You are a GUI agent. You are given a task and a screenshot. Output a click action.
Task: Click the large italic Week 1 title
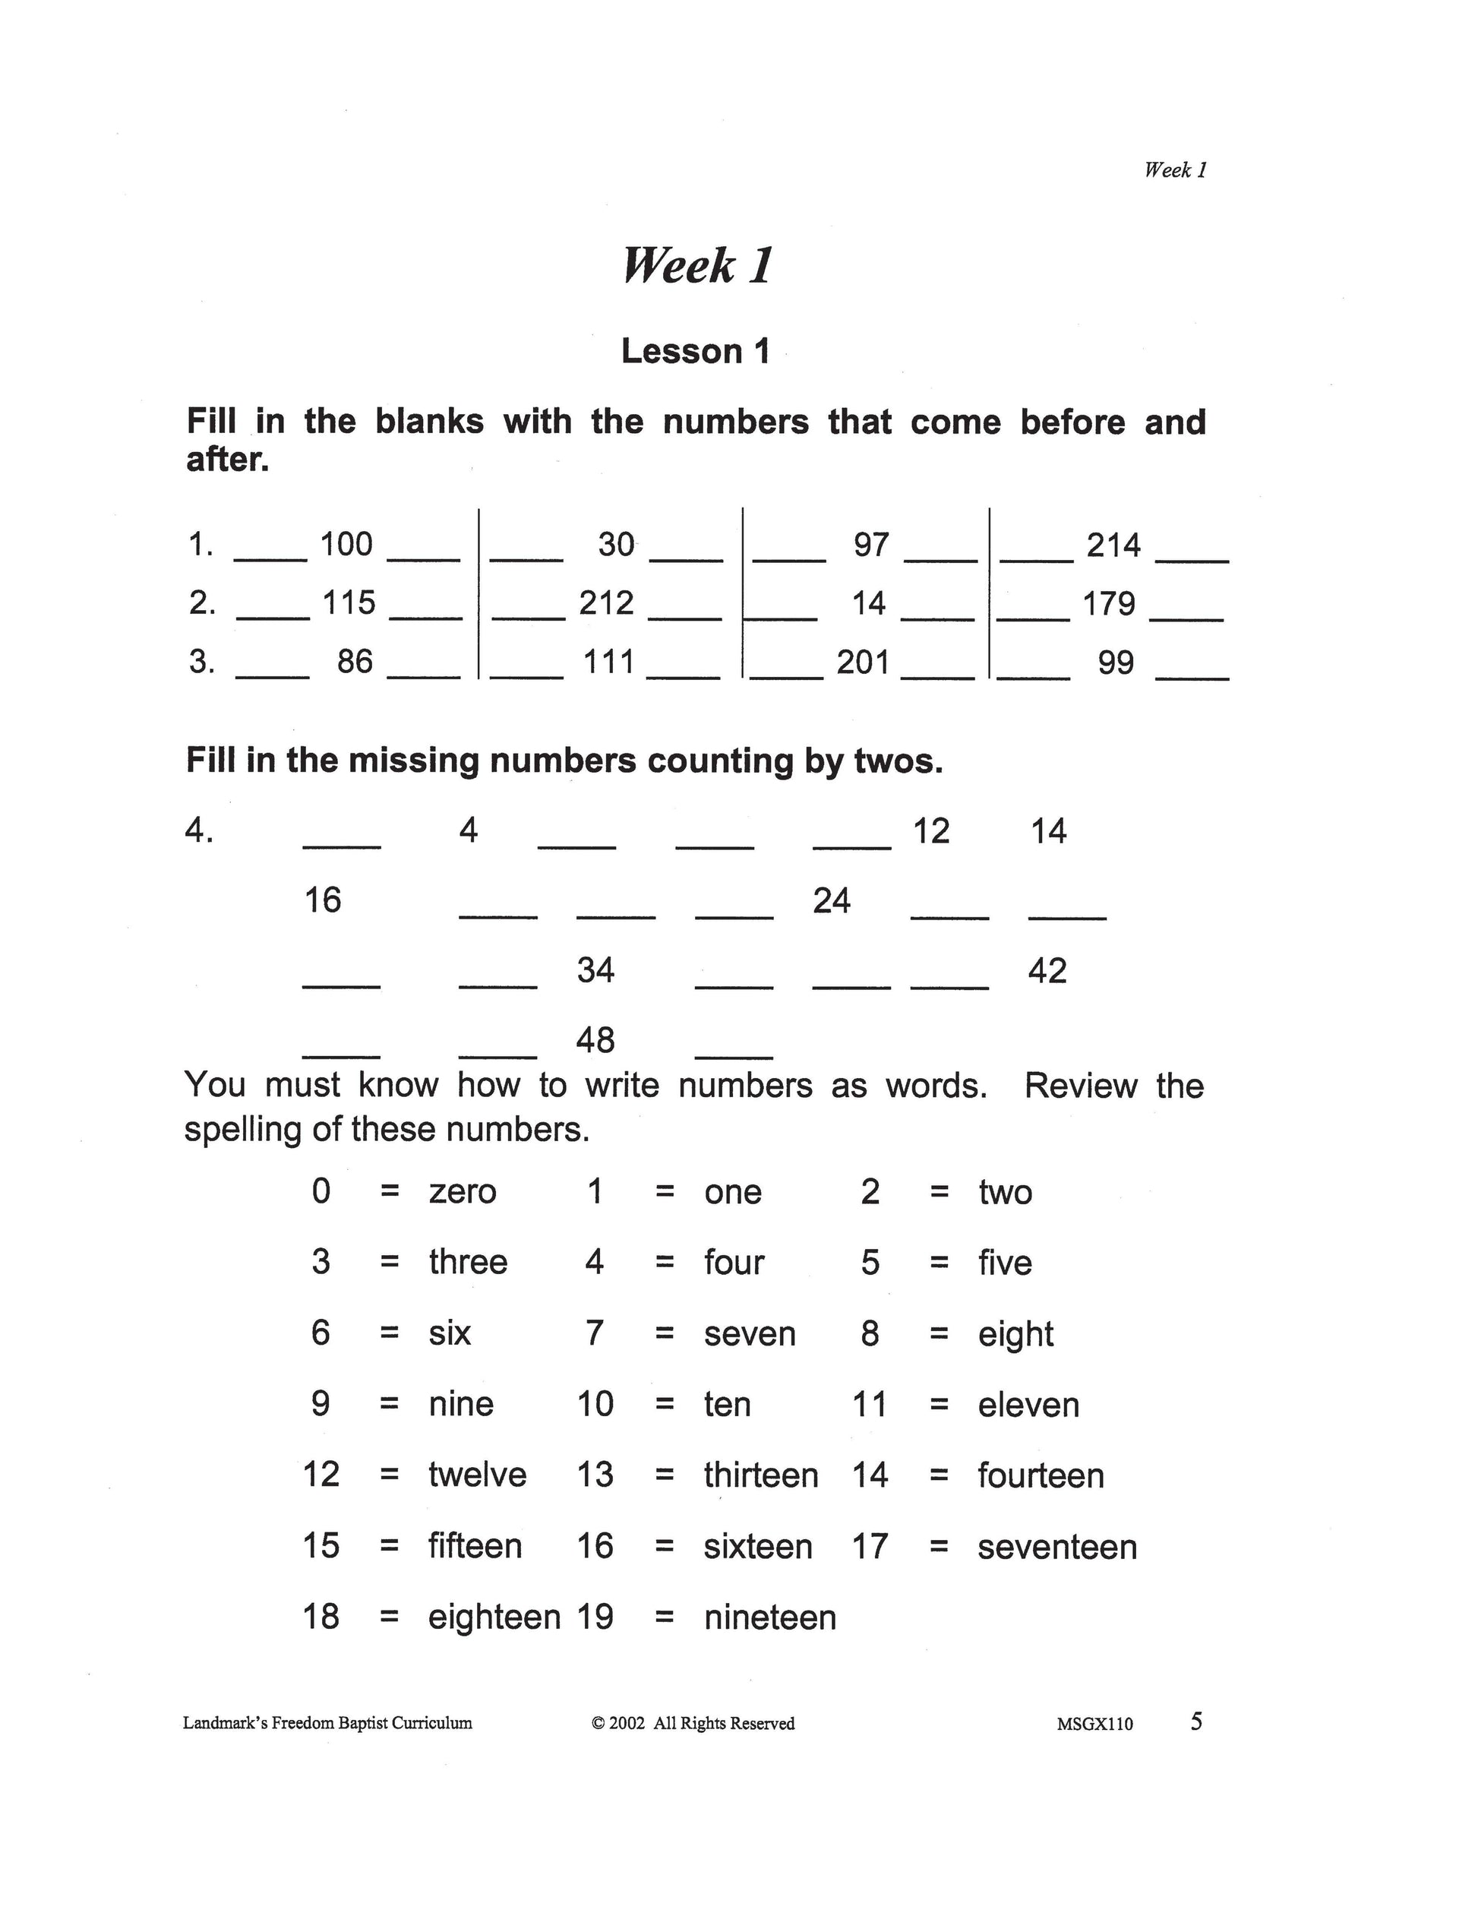697,265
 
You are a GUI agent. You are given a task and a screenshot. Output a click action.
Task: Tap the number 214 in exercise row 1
1113,545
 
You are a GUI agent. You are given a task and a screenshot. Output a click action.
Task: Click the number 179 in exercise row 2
1109,603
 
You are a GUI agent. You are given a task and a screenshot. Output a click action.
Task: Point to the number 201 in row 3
863,662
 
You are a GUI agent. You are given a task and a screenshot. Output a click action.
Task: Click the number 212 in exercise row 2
606,603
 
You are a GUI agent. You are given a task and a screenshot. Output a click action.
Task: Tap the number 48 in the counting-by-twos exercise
595,1041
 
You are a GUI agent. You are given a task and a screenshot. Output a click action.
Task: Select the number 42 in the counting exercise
1047,970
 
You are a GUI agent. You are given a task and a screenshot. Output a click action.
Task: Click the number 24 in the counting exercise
831,900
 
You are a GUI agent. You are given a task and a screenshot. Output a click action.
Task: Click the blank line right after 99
1192,677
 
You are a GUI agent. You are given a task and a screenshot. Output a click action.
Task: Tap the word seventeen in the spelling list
1056,1548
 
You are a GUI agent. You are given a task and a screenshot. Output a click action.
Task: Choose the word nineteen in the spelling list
769,1617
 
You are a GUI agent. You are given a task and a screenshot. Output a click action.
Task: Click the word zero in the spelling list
463,1192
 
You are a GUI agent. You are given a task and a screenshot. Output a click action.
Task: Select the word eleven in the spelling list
1028,1405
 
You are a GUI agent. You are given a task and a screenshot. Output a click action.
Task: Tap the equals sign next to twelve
390,1476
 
